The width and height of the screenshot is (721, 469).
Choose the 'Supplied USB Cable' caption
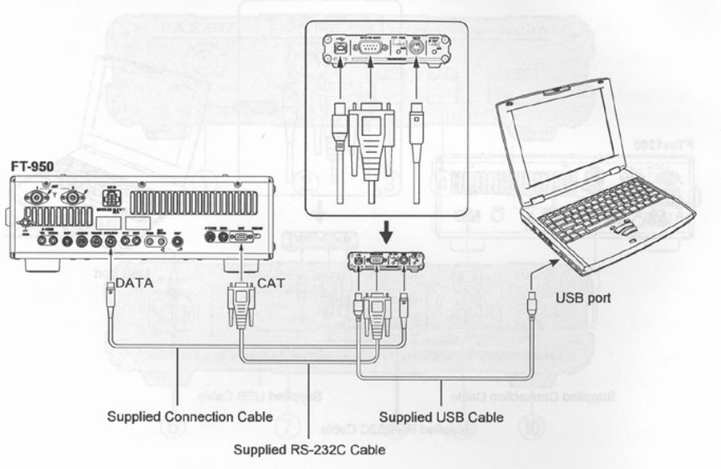coord(441,417)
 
